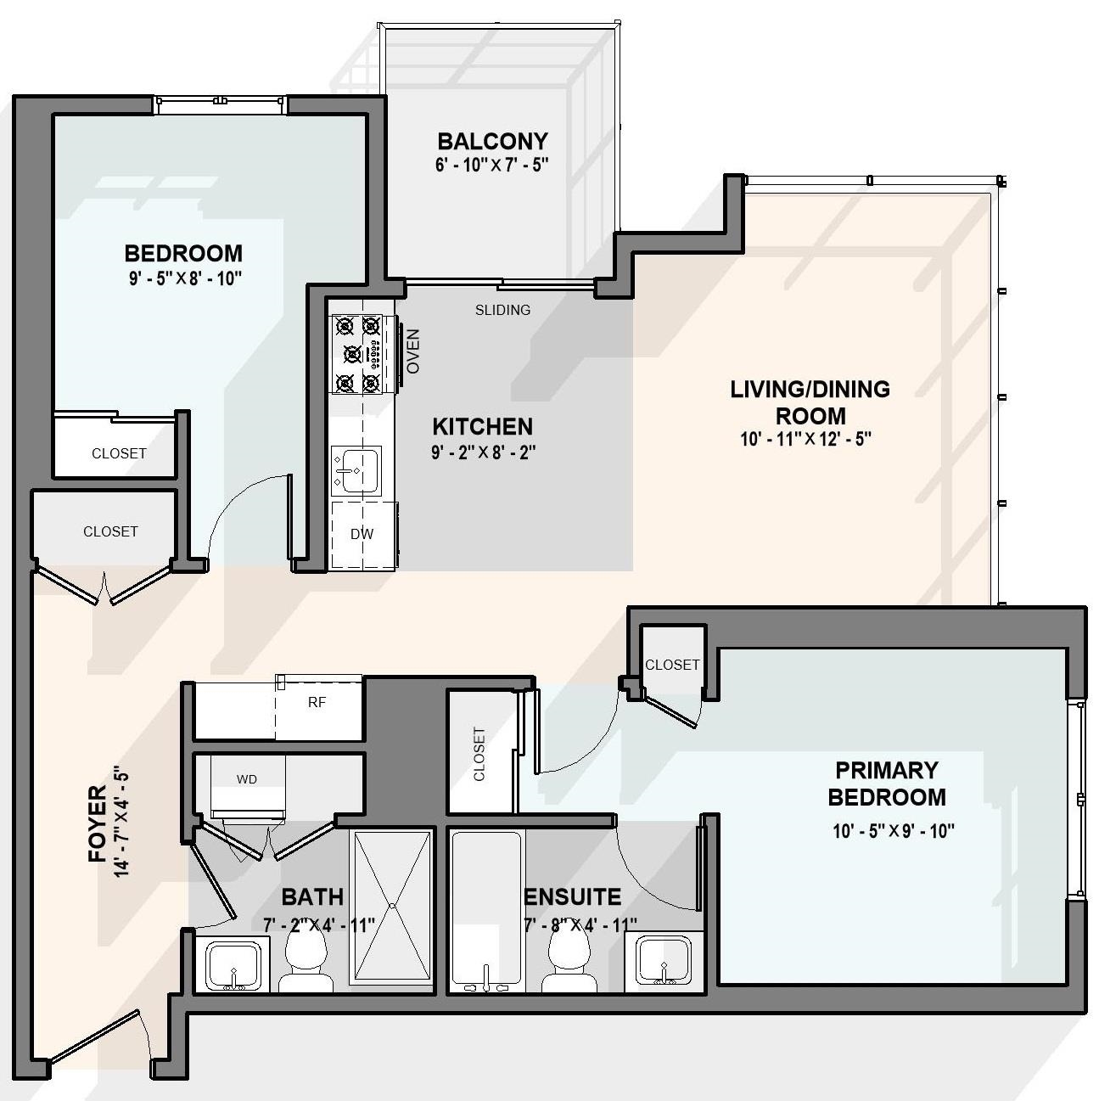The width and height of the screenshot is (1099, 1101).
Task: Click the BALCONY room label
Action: [x=492, y=140]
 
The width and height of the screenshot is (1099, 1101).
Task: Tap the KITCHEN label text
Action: [x=482, y=426]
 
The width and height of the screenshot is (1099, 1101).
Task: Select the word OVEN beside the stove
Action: [x=413, y=351]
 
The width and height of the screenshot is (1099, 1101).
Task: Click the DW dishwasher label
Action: [x=362, y=535]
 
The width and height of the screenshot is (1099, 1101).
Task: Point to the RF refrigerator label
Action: [x=317, y=703]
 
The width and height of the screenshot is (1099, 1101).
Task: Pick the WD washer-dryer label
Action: [x=247, y=779]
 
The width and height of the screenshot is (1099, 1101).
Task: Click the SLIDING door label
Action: [x=502, y=310]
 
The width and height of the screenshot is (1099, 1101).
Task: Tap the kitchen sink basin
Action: [x=356, y=469]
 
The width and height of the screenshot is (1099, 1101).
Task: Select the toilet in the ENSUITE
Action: [x=569, y=963]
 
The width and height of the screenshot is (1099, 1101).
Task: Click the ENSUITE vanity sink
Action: [x=664, y=961]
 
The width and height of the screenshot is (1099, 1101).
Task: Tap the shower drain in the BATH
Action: [x=393, y=906]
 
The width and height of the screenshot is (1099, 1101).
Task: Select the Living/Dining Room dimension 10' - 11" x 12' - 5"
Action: [x=805, y=439]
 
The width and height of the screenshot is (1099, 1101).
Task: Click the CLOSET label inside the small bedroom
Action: [x=119, y=453]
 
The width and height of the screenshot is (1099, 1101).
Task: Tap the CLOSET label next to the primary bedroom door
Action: [x=672, y=665]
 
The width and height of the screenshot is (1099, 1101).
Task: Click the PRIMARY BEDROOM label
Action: [x=886, y=784]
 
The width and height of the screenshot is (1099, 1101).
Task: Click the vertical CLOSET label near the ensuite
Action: [x=479, y=753]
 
